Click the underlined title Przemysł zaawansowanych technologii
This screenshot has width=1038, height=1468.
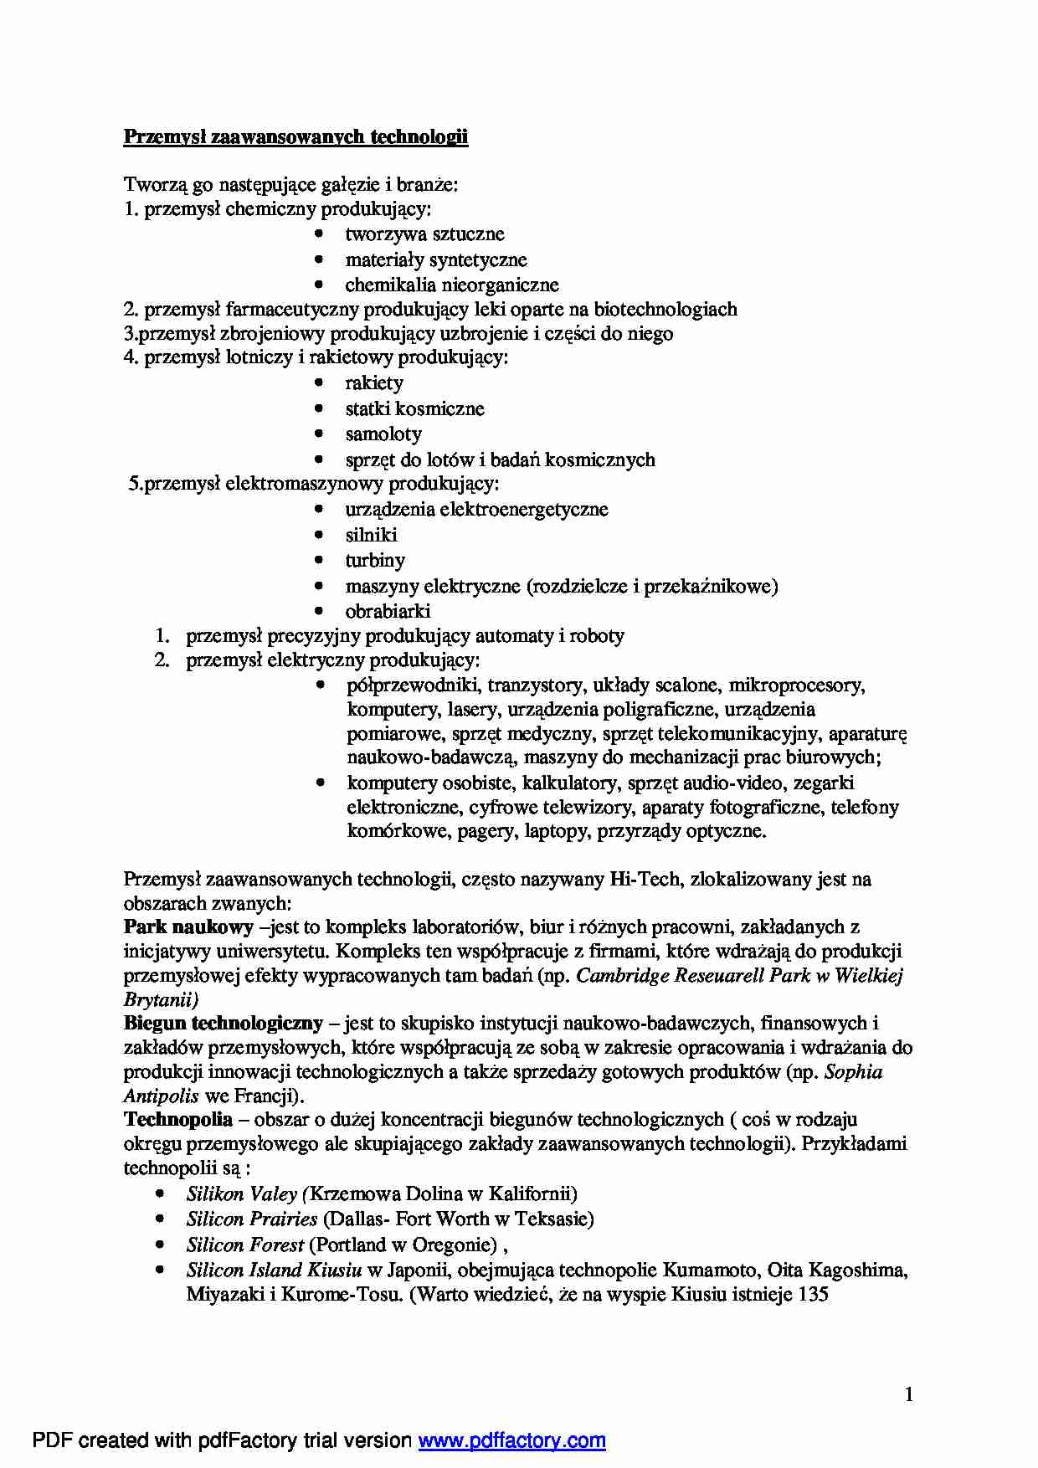[295, 136]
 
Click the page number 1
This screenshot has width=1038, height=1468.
[909, 1394]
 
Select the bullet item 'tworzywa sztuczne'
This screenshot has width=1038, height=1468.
[424, 234]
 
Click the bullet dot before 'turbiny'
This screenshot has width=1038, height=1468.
[319, 560]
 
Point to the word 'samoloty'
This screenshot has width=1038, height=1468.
[383, 434]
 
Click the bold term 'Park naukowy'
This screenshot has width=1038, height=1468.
[188, 926]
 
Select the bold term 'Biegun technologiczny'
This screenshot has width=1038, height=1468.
[223, 1023]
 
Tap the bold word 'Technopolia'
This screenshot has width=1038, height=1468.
[177, 1120]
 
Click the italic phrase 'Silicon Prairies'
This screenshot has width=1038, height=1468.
[252, 1219]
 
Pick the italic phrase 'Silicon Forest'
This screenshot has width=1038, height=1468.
[244, 1245]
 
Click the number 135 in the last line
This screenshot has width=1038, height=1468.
[813, 1295]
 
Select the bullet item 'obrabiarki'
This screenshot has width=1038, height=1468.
[388, 611]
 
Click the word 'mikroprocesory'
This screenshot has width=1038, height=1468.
[796, 685]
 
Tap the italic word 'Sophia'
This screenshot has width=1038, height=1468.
[853, 1072]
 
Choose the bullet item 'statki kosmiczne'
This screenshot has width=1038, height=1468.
[414, 409]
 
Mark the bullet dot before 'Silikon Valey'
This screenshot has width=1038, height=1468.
[160, 1194]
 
